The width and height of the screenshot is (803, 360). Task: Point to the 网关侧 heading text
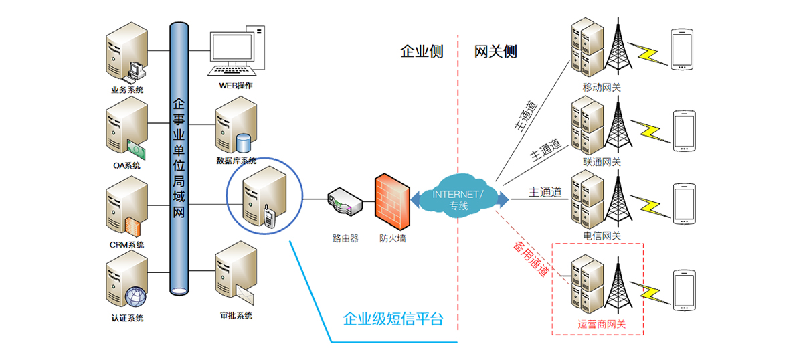496,52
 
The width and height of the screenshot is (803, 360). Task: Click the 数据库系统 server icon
234,127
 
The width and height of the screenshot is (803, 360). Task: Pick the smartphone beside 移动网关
681,49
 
